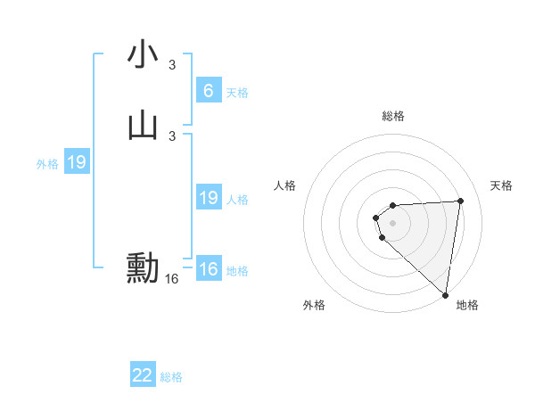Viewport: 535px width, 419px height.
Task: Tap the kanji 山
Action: (143, 126)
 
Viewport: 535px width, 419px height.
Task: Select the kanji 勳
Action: (143, 268)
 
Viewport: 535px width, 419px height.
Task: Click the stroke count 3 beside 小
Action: (172, 65)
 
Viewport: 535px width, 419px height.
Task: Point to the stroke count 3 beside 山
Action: (172, 136)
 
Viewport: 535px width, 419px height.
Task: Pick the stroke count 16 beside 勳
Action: (172, 279)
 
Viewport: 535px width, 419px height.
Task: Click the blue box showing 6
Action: (208, 91)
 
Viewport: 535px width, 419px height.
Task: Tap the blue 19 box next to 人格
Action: (208, 198)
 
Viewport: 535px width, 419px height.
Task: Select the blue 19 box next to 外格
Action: (76, 163)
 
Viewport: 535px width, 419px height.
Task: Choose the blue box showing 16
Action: (208, 269)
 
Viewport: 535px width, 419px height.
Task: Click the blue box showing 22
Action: (143, 375)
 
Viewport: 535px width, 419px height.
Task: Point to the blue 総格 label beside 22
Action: (171, 377)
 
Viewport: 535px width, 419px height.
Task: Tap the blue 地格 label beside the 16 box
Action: (237, 271)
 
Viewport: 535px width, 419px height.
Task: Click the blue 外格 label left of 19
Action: (47, 164)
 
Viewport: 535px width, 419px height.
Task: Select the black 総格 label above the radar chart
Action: (393, 116)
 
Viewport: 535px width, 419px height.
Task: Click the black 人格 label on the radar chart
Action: (285, 185)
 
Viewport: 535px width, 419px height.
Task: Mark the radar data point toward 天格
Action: (460, 201)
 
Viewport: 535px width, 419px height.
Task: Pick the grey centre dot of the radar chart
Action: (393, 222)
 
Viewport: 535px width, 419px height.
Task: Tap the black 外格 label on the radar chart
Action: (314, 305)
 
